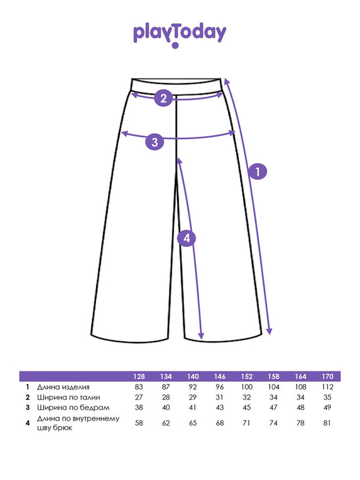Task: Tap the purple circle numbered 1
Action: tap(257, 171)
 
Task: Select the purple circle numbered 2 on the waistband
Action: tap(163, 98)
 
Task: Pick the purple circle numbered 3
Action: tap(155, 142)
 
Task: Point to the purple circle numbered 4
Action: tap(187, 238)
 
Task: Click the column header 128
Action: tap(139, 377)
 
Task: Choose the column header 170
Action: tap(327, 377)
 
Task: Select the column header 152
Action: tap(247, 377)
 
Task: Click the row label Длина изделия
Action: tap(64, 387)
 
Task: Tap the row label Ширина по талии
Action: tap(68, 397)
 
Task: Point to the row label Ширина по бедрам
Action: tap(73, 408)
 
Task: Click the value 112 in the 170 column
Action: tap(327, 387)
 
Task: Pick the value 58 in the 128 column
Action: tap(139, 423)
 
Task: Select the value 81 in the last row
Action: tap(327, 423)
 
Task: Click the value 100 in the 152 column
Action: tap(247, 387)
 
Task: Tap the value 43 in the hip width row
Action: tap(220, 408)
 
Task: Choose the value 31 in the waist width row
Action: tap(220, 397)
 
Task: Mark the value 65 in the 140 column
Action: tap(193, 423)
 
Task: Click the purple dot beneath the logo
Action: tap(175, 46)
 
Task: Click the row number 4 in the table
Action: tap(28, 423)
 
